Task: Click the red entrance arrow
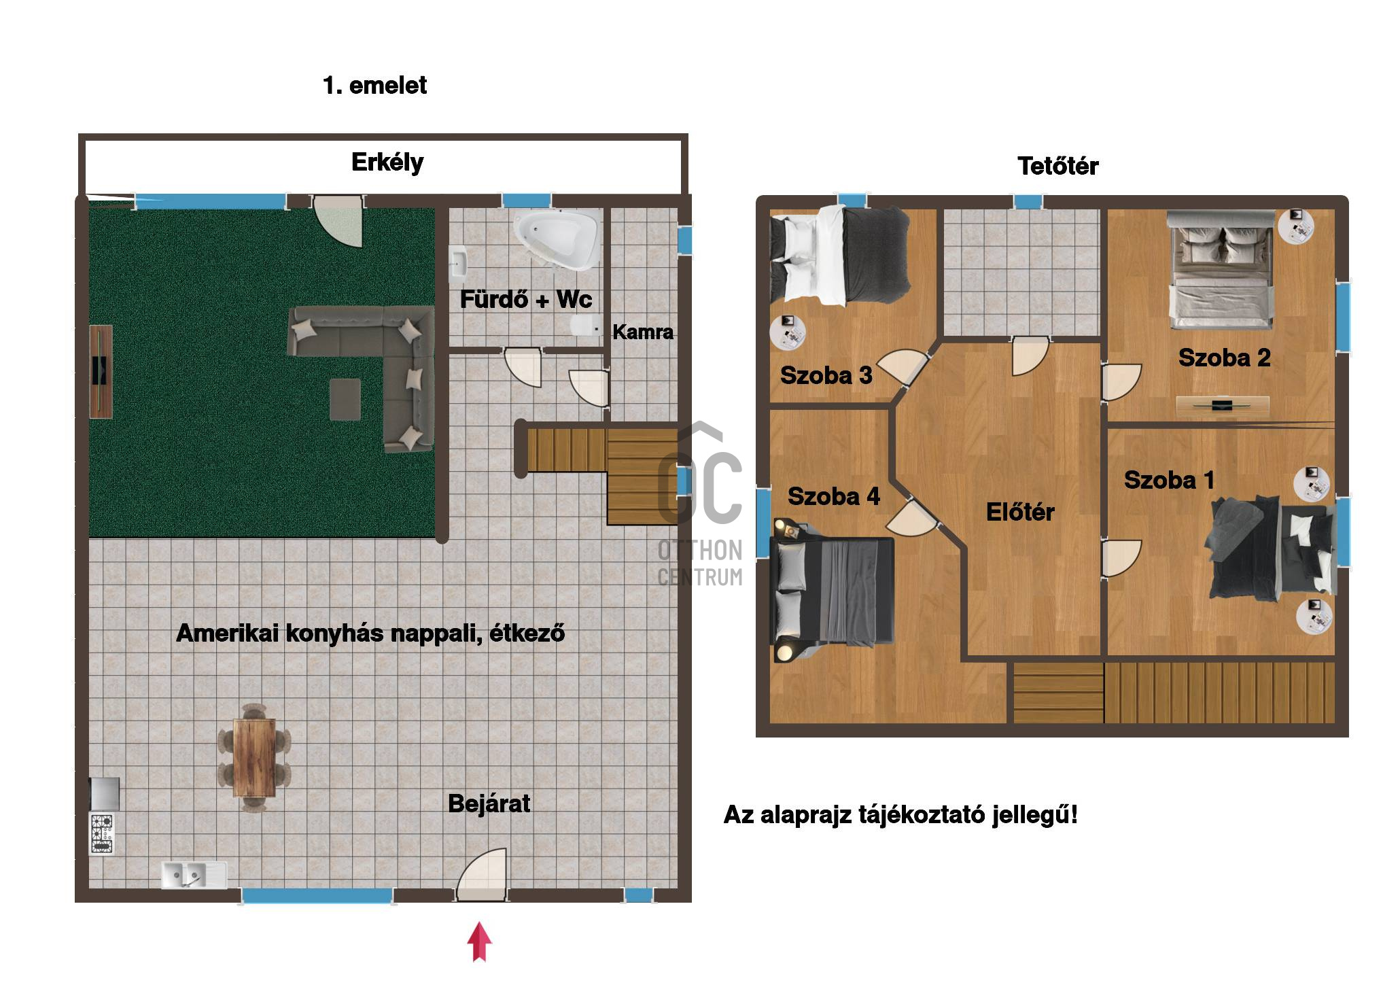click(x=480, y=941)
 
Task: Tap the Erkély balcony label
click(x=387, y=162)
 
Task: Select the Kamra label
click(x=643, y=332)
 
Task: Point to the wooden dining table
click(x=254, y=757)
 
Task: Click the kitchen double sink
click(x=193, y=875)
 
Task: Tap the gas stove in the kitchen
click(x=103, y=833)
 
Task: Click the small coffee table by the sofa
click(x=345, y=400)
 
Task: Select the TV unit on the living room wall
click(x=101, y=371)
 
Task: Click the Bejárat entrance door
click(x=482, y=874)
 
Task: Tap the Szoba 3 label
click(x=826, y=375)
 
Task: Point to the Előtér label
click(x=1020, y=512)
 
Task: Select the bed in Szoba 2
click(x=1220, y=270)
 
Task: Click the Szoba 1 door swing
click(x=1121, y=559)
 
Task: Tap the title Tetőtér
click(x=1057, y=166)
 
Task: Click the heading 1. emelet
click(x=374, y=86)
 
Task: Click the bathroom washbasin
click(x=457, y=263)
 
